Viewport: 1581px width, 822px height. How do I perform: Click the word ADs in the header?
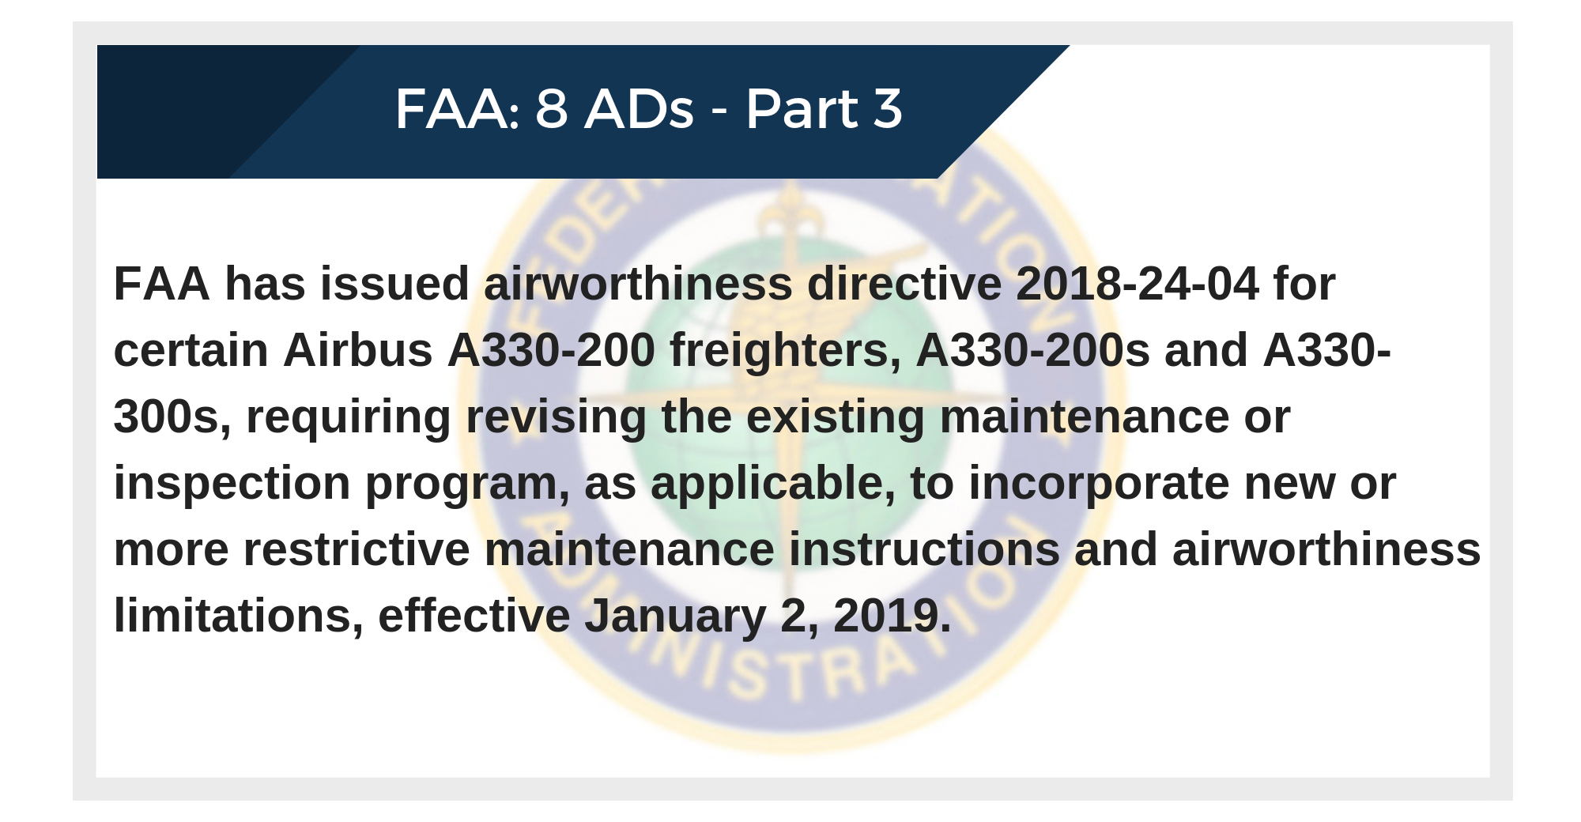(x=639, y=109)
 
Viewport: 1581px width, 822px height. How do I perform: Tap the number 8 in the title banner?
(x=552, y=109)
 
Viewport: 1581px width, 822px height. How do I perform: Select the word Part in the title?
(x=802, y=109)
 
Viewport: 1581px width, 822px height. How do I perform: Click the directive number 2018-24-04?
(x=1137, y=284)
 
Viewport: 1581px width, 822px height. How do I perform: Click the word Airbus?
(x=358, y=350)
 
